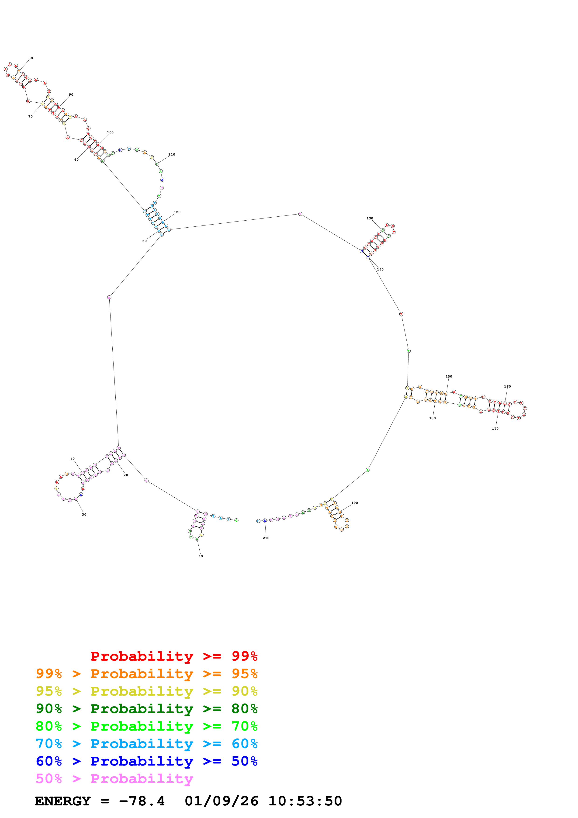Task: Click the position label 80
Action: tap(31, 58)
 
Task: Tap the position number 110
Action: tap(172, 155)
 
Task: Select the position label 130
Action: tap(370, 218)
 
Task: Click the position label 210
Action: tap(266, 538)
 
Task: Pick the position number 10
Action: tap(201, 556)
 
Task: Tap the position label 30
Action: tap(84, 514)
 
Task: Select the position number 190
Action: tap(354, 503)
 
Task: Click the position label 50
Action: tap(145, 241)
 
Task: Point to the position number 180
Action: tap(432, 418)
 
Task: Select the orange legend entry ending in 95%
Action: tap(147, 674)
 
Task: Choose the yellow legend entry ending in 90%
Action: tap(147, 691)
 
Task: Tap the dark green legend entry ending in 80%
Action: tap(147, 709)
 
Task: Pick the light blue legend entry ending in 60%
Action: tap(147, 744)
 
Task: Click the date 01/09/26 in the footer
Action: tap(221, 801)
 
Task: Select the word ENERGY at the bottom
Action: tap(63, 801)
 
